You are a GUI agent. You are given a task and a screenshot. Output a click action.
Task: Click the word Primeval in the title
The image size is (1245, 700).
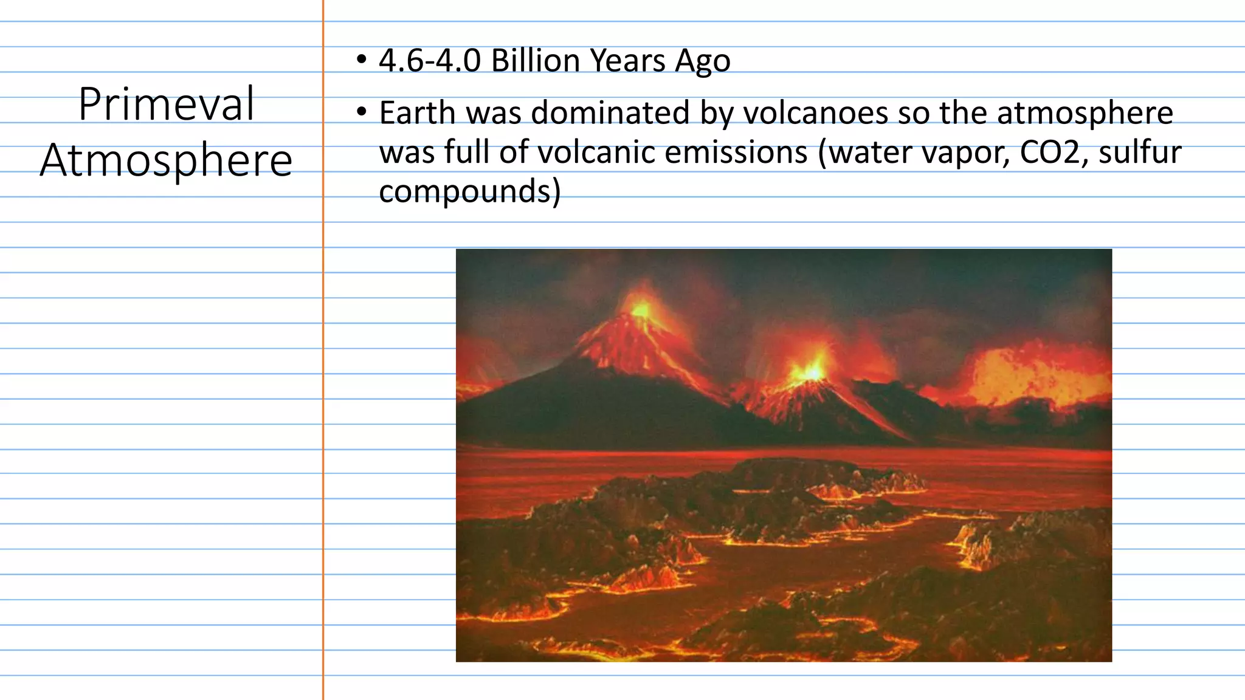[166, 105]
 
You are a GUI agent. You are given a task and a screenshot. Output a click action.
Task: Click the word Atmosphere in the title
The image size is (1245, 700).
[166, 160]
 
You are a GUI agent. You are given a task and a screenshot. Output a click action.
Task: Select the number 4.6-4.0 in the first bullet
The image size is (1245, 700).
[430, 61]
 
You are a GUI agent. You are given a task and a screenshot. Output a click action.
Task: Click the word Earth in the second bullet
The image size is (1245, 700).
[417, 113]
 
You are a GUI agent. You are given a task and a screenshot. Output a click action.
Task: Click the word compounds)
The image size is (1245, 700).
[469, 191]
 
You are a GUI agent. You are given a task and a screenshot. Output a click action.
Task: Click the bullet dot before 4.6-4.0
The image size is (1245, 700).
[362, 60]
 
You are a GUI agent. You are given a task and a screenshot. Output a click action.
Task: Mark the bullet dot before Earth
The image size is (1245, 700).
[362, 112]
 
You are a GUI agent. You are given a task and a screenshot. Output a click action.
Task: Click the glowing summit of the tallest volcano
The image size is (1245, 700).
[641, 310]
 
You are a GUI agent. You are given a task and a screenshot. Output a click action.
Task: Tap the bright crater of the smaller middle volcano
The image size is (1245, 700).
[812, 371]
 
